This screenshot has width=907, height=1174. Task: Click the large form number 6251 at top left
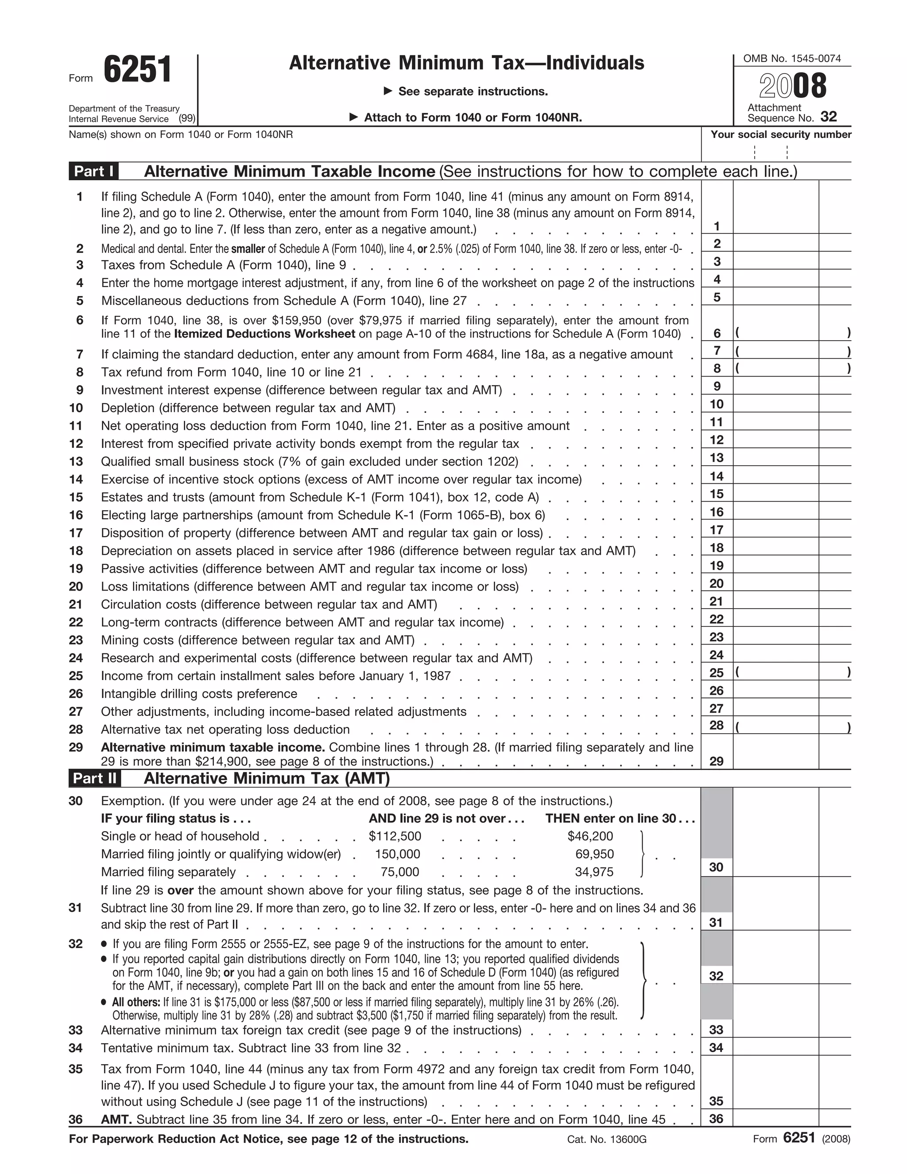(138, 70)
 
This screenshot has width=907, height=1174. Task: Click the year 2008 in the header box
(793, 86)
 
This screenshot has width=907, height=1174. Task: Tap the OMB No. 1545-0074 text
(791, 58)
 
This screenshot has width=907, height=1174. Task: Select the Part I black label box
(94, 171)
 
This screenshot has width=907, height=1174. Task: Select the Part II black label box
(95, 778)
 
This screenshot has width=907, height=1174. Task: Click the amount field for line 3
(775, 261)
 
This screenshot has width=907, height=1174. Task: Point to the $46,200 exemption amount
(590, 836)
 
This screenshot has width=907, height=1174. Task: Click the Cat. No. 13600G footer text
(607, 1139)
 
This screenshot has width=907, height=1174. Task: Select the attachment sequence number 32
(828, 117)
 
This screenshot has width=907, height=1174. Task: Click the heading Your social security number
(781, 134)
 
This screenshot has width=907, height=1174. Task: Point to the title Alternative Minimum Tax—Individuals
(466, 63)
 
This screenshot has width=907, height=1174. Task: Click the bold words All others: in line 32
(136, 1002)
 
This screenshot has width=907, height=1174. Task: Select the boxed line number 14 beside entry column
(716, 476)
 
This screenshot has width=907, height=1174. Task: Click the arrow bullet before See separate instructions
(388, 91)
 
